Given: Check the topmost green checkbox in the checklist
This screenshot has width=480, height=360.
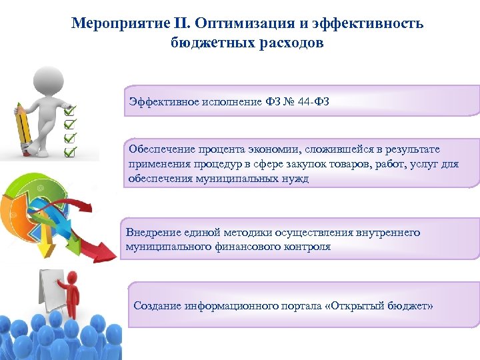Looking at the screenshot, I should pos(70,107).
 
